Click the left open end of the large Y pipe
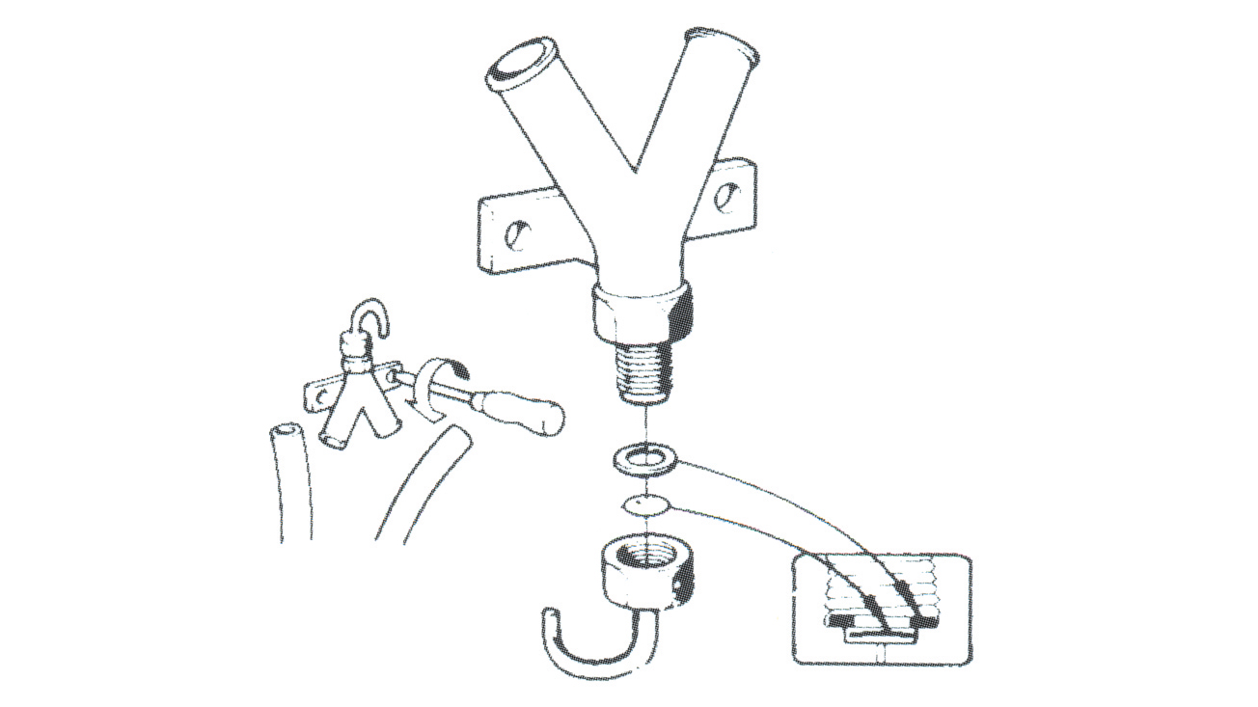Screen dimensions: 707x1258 point(520,63)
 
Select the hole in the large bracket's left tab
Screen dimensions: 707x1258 point(518,233)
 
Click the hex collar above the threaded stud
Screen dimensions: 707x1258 point(641,313)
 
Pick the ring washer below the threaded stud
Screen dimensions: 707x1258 point(644,459)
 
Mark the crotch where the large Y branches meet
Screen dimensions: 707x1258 point(635,174)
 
